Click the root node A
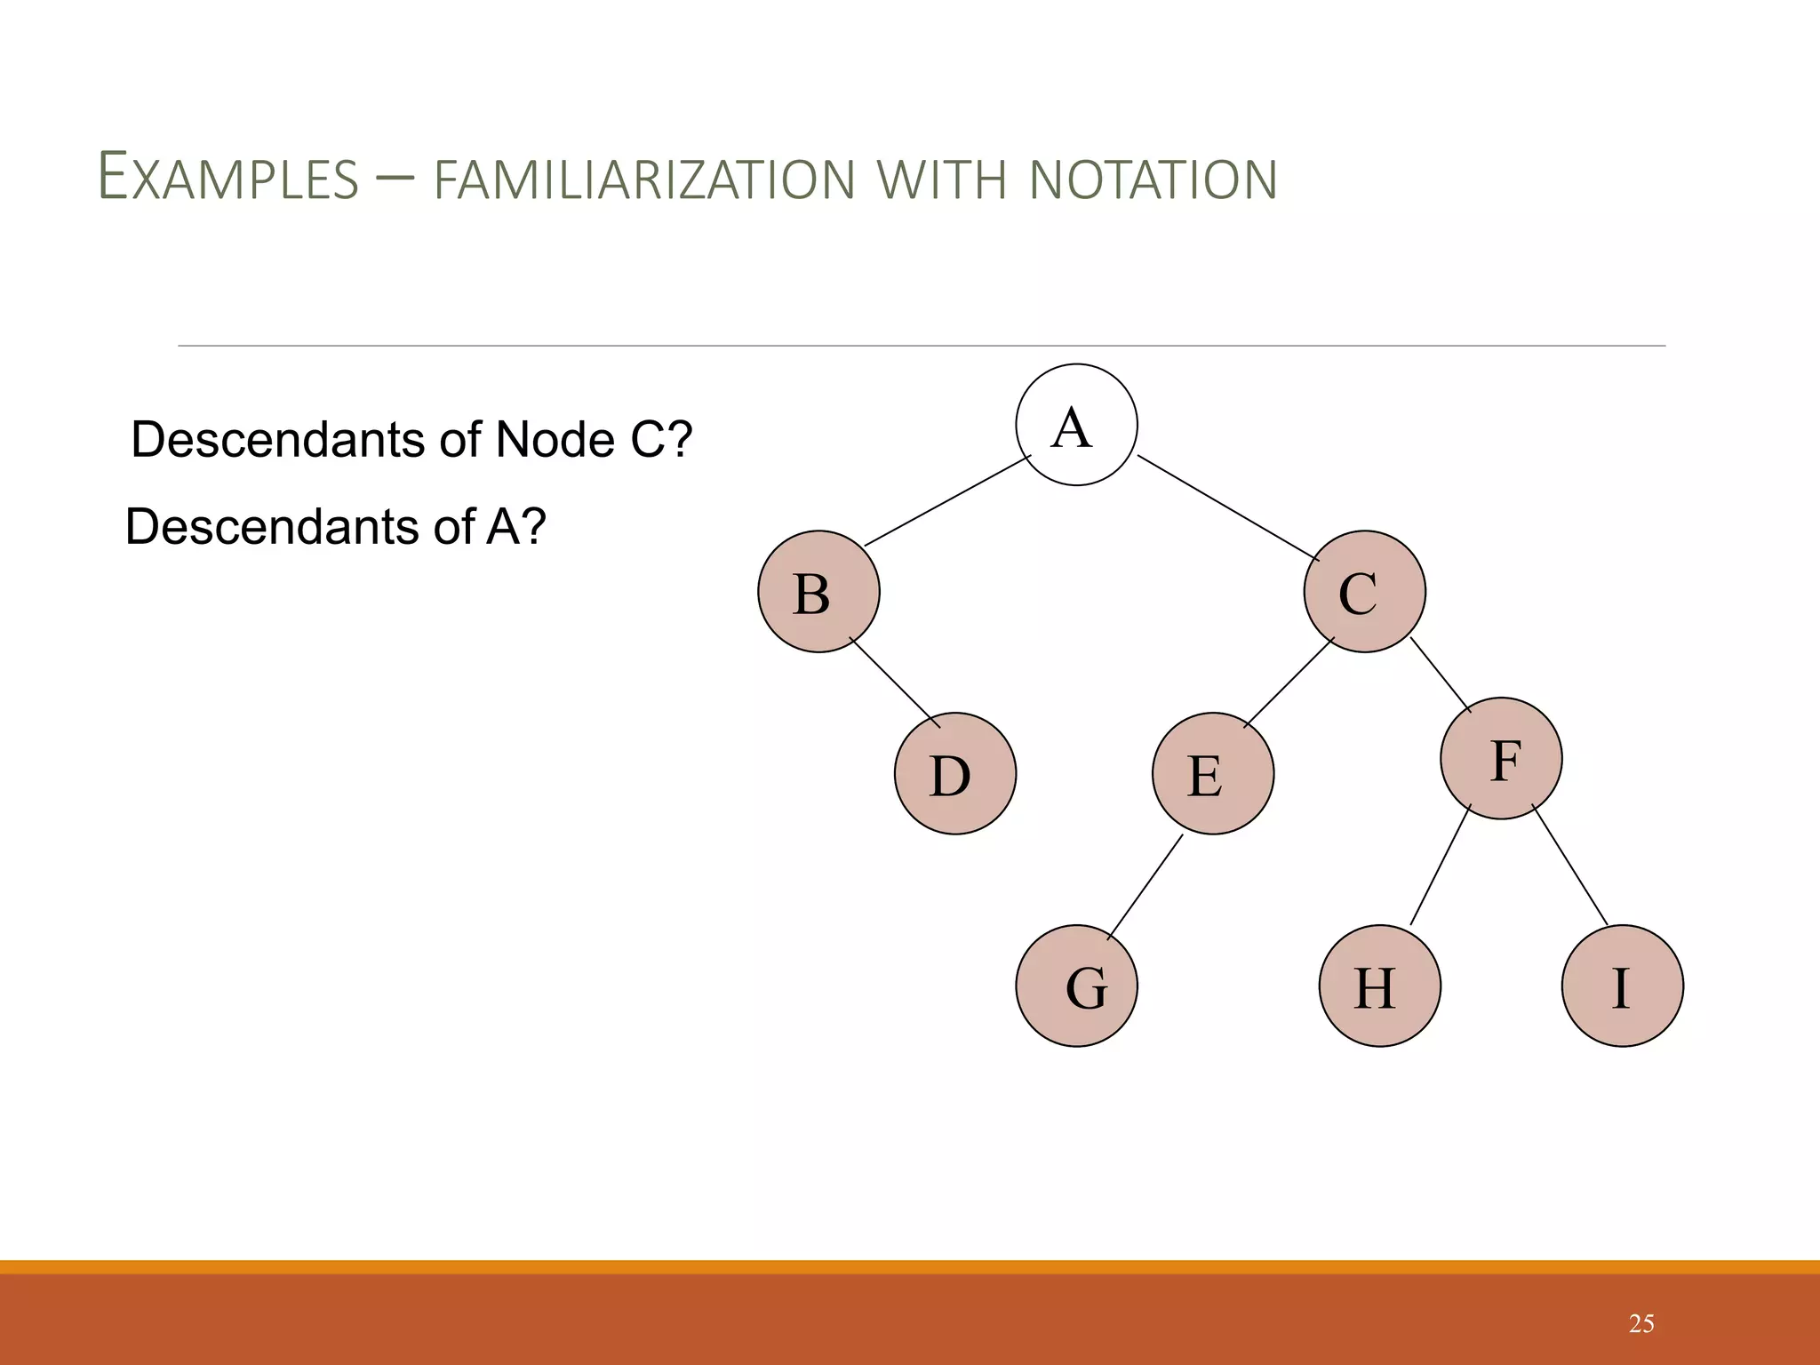[x=1076, y=425]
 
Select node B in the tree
[x=818, y=592]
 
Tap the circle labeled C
[x=1364, y=592]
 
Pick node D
[x=954, y=773]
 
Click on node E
[x=1212, y=773]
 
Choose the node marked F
[x=1501, y=758]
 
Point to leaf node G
[x=1076, y=986]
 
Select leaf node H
[x=1379, y=986]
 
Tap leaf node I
[x=1622, y=986]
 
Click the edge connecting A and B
[x=947, y=500]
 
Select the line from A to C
[x=1228, y=507]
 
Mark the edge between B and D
[x=895, y=682]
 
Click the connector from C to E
[x=1289, y=682]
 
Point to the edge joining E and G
[x=1145, y=887]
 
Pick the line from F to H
[x=1441, y=865]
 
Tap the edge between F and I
[x=1569, y=865]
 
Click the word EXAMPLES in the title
[x=227, y=178]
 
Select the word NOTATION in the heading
[x=1153, y=180]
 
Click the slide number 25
[x=1640, y=1324]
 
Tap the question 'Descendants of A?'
[x=335, y=526]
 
